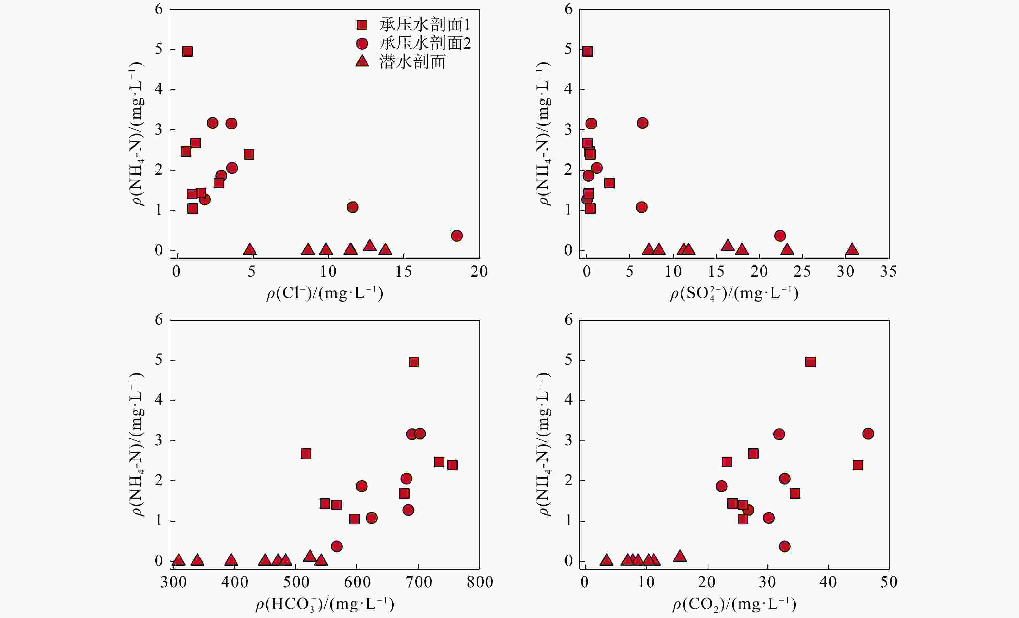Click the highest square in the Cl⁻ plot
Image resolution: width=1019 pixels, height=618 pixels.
[x=187, y=51]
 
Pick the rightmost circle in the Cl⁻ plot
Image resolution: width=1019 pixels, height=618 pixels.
[x=456, y=236]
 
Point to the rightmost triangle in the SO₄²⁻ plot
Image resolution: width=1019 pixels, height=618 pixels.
[x=852, y=249]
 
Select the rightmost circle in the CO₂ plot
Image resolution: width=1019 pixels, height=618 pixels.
[x=868, y=434]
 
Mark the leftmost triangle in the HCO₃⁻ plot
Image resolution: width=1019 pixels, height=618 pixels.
[x=179, y=560]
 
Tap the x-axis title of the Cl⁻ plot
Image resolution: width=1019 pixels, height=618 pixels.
[x=325, y=293]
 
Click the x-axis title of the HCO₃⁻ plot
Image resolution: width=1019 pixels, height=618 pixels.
[x=325, y=604]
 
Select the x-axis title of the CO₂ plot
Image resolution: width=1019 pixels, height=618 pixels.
[x=734, y=604]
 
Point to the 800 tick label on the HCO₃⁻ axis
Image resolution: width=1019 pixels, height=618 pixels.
[x=480, y=582]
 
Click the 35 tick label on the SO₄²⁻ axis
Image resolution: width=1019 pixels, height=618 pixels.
[x=888, y=271]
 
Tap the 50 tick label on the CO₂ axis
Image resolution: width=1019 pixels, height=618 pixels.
[x=889, y=582]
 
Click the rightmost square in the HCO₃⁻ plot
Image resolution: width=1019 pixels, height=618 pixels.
[x=453, y=465]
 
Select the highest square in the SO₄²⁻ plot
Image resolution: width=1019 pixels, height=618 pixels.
[x=587, y=51]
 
